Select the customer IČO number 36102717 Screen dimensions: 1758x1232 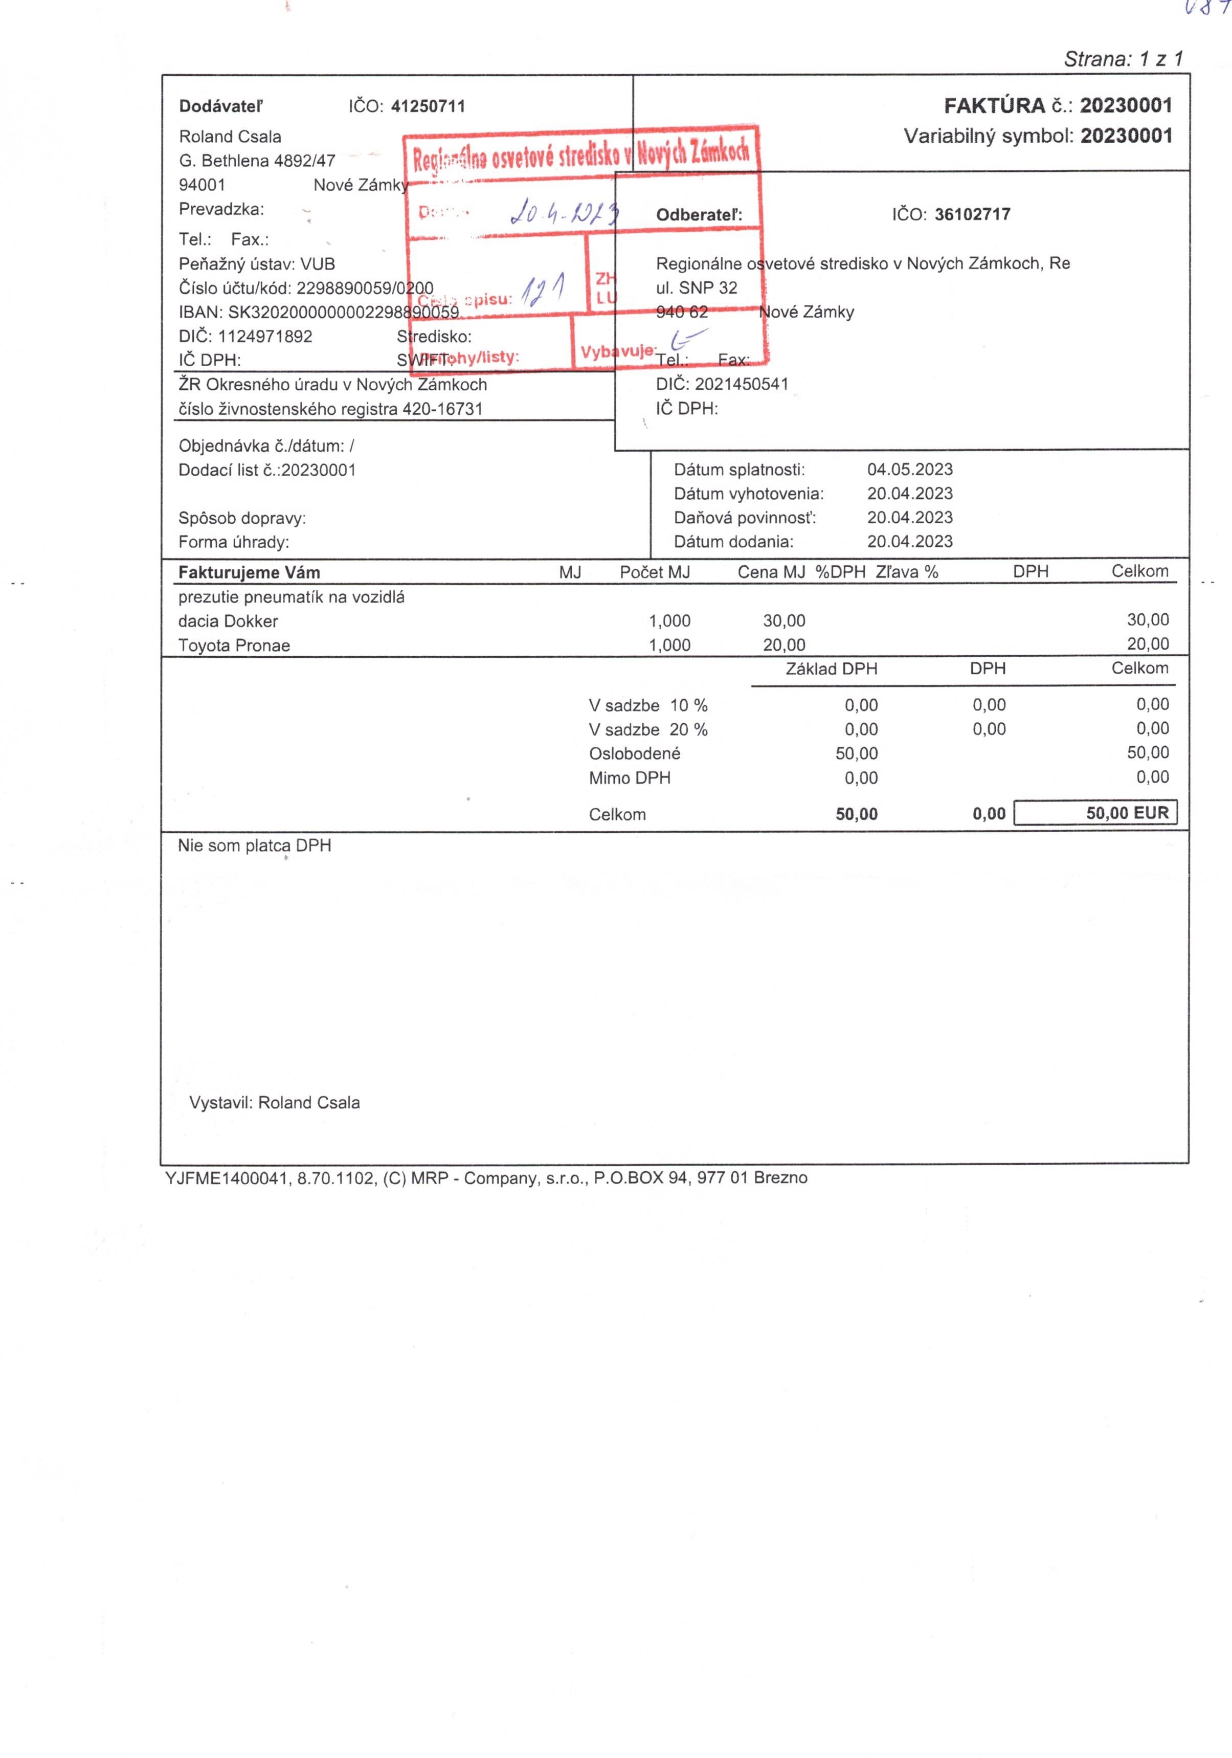972,214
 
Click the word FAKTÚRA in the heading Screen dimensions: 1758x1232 994,106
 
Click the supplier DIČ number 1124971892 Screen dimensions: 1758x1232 265,336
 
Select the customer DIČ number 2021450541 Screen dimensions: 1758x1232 741,384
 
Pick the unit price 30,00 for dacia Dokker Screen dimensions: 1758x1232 783,621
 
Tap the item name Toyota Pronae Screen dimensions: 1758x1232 234,646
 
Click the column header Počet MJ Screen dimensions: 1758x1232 654,572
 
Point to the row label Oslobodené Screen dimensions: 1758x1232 634,753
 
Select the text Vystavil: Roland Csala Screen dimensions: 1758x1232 274,1103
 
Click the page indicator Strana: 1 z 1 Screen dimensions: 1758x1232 1123,59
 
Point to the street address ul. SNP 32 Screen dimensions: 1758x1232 696,288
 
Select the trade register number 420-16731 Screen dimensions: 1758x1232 442,409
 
